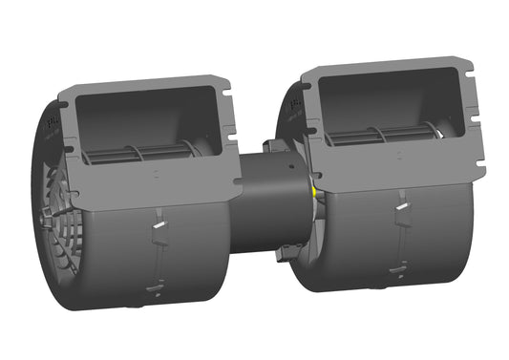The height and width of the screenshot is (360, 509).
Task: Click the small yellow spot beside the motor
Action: [315, 189]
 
